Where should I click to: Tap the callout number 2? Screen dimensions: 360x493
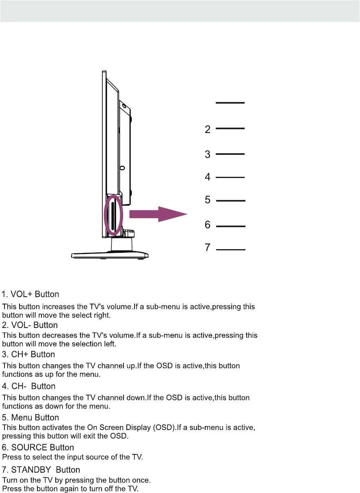(208, 130)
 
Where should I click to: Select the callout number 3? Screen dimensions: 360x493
(208, 154)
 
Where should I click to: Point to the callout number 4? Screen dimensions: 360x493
(208, 177)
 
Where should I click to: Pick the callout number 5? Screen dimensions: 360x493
(208, 200)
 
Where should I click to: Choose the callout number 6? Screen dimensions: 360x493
(208, 225)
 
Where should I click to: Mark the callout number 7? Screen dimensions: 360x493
(208, 248)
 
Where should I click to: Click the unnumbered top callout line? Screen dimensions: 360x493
(230, 103)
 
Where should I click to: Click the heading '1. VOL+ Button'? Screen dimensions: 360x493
(31, 294)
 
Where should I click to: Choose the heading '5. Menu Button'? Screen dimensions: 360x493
(30, 417)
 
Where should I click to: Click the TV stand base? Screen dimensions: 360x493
(110, 255)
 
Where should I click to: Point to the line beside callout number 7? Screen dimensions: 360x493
(231, 250)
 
